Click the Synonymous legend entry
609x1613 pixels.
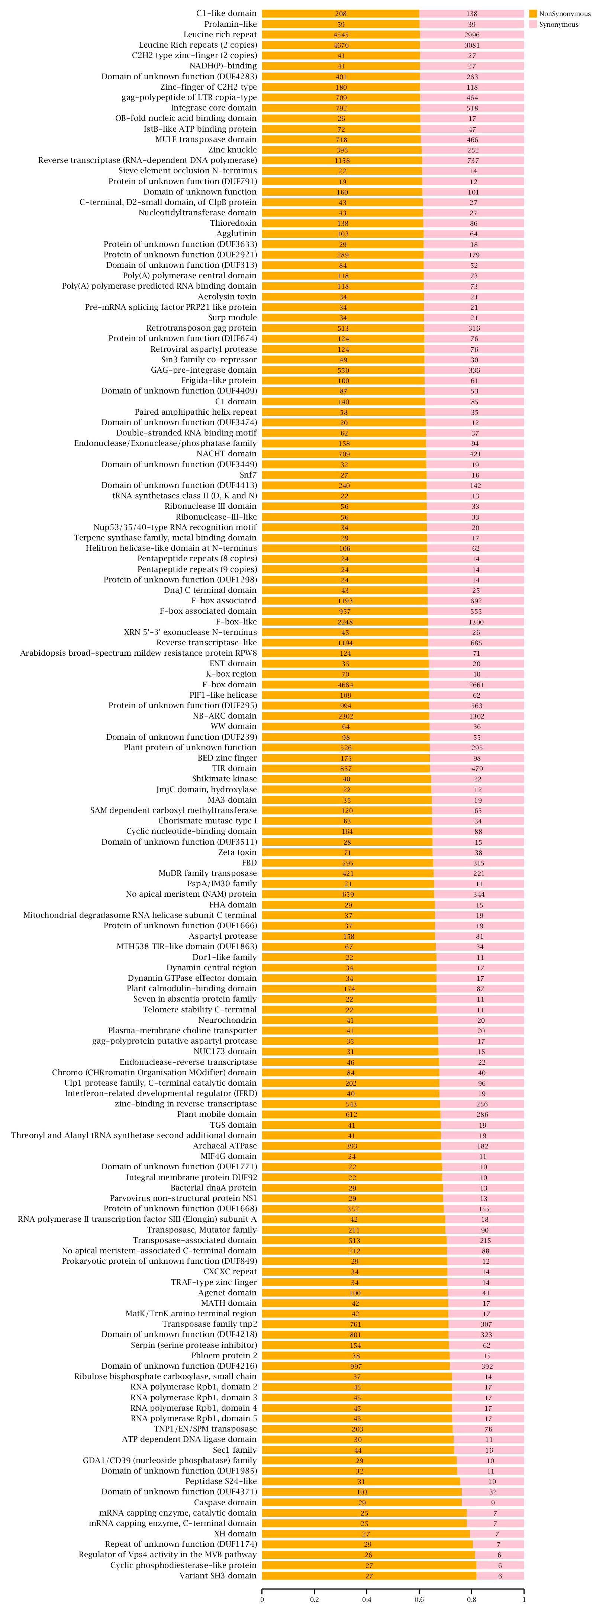tap(558, 25)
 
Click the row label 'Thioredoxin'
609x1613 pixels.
tap(233, 223)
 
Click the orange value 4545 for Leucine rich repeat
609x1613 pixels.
tap(341, 35)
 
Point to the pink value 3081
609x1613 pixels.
tap(472, 45)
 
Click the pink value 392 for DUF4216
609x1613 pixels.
tap(487, 1366)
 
